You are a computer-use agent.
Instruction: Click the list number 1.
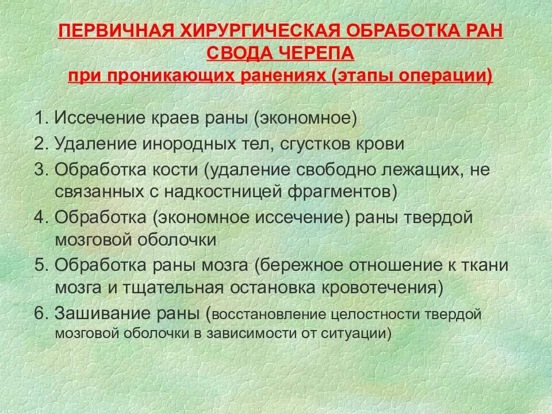(x=40, y=118)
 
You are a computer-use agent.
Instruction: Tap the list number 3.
(x=40, y=170)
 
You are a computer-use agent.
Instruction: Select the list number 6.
(x=40, y=314)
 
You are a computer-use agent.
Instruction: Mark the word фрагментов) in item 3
(x=347, y=191)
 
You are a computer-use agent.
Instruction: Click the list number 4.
(x=40, y=218)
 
